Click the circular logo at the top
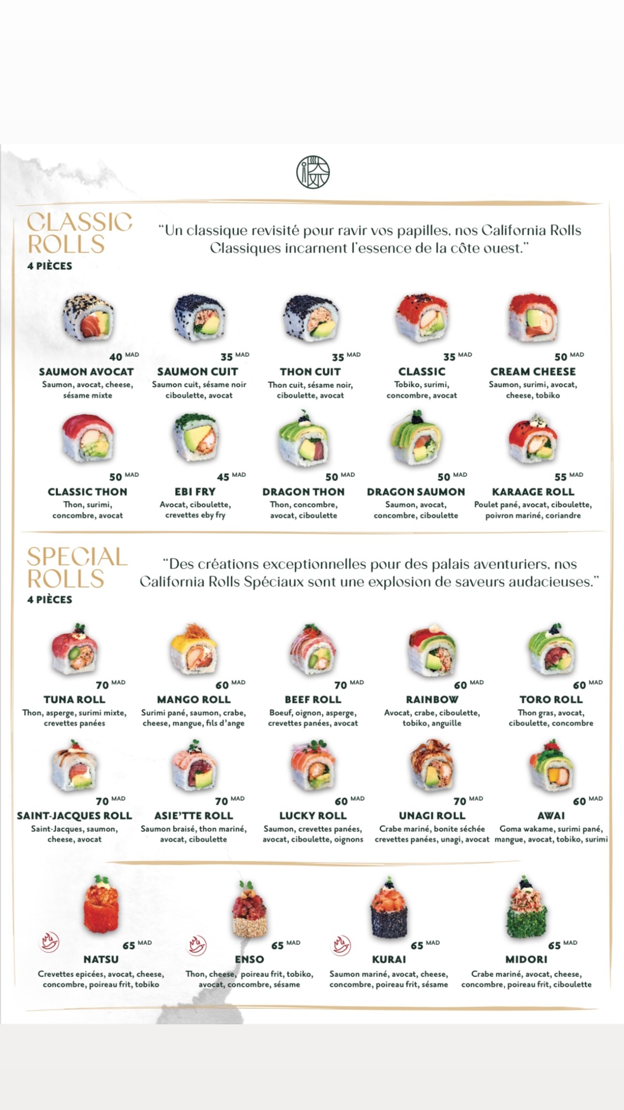coord(313,172)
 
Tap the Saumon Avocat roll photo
coord(88,318)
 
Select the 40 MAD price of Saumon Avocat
coord(123,357)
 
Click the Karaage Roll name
coord(533,492)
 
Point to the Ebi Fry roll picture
coord(196,437)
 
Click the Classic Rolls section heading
coord(79,233)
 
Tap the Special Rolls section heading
coord(77,568)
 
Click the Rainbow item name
coord(432,699)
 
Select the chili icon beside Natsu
coord(49,943)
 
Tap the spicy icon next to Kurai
coord(341,944)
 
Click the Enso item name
coord(250,959)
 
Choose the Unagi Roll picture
coord(431,765)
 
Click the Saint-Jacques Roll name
coord(74,816)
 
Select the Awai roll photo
coord(551,765)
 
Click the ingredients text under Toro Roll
coord(551,718)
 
